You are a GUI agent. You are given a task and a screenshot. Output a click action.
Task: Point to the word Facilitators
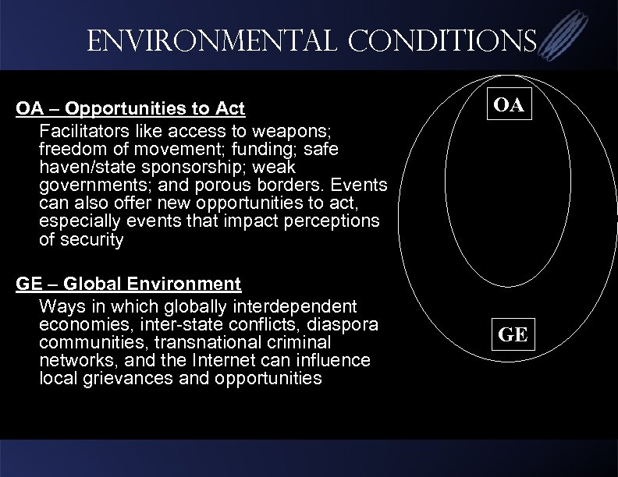[x=80, y=127]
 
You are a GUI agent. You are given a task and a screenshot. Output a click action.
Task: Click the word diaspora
[x=353, y=323]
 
